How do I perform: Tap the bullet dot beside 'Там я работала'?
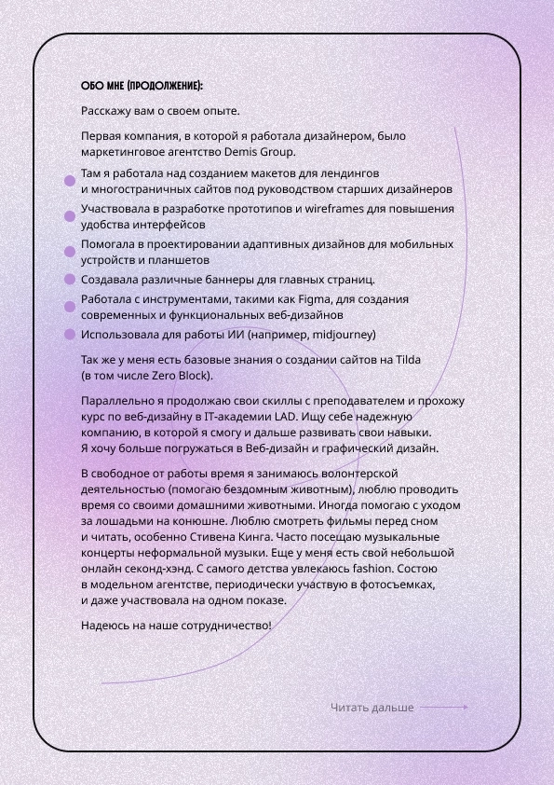point(69,181)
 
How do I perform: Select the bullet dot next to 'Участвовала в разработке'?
point(69,216)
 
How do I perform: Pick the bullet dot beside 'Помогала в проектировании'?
point(69,252)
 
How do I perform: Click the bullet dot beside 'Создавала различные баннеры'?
point(69,279)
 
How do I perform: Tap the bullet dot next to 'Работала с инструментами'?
point(69,307)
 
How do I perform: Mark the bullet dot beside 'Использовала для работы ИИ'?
point(69,334)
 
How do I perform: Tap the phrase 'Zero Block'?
point(181,376)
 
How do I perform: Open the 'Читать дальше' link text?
point(372,708)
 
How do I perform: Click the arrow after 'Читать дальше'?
point(444,708)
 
